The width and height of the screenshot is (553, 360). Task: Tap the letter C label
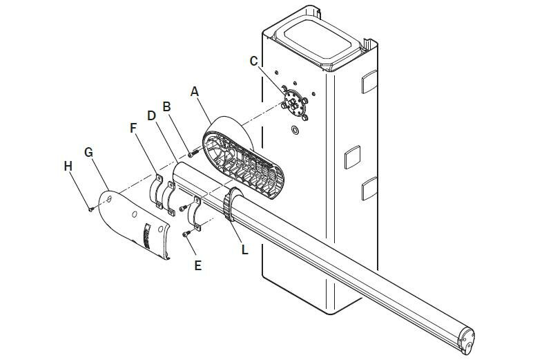[x=254, y=61]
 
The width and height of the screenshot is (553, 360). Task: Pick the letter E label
[x=197, y=265]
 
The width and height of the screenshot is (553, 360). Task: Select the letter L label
[x=245, y=248]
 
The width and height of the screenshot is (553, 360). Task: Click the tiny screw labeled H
[x=90, y=209]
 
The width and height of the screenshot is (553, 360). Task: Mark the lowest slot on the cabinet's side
[x=368, y=187]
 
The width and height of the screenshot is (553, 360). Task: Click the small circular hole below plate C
[x=295, y=130]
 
